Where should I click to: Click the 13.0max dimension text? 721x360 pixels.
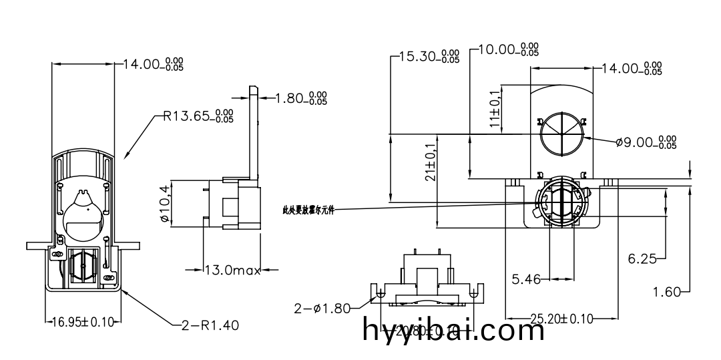[232, 270]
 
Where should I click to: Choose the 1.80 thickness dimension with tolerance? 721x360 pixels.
[302, 99]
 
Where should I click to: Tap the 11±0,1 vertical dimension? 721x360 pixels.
[494, 109]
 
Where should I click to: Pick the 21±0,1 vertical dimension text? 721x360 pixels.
[431, 162]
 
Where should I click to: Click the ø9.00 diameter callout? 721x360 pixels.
[646, 142]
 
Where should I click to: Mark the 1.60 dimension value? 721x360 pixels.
[667, 291]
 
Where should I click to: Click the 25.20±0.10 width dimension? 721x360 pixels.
[561, 319]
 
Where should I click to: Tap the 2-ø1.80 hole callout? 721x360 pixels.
[322, 308]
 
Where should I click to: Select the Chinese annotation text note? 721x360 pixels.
[308, 210]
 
